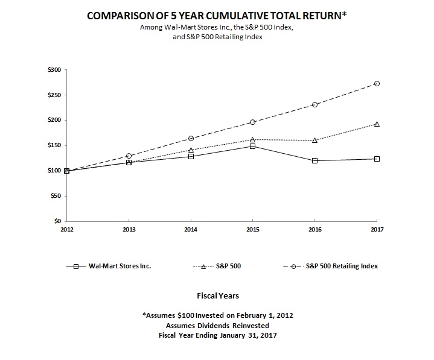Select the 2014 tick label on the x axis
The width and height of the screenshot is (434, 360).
pyautogui.click(x=191, y=229)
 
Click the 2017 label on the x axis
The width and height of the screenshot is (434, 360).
pyautogui.click(x=377, y=229)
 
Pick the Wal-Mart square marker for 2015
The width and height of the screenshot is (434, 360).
pyautogui.click(x=252, y=146)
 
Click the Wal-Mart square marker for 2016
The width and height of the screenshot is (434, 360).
pyautogui.click(x=314, y=160)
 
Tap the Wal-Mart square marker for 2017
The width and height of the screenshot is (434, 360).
pyautogui.click(x=377, y=159)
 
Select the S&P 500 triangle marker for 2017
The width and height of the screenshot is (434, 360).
pyautogui.click(x=377, y=124)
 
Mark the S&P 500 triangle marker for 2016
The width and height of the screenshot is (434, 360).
pyautogui.click(x=314, y=140)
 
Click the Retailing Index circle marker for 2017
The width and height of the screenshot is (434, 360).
pyautogui.click(x=377, y=83)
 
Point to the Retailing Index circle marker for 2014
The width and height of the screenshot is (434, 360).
pyautogui.click(x=191, y=138)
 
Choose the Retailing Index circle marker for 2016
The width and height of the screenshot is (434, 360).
pyautogui.click(x=314, y=104)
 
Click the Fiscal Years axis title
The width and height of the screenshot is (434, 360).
pyautogui.click(x=218, y=296)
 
